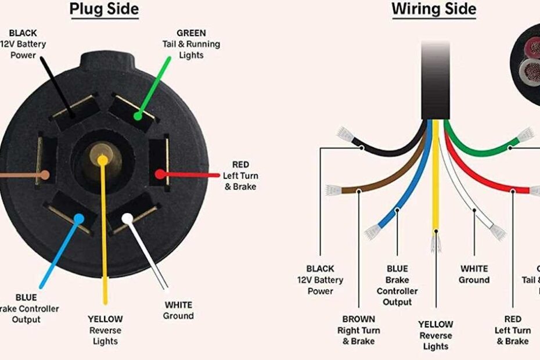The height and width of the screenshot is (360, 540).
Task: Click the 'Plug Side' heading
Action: coord(104,9)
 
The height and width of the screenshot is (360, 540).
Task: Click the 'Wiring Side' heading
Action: coord(433,9)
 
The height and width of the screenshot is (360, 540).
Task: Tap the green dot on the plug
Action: coord(138,116)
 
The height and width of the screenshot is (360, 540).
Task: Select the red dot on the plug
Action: coord(159,174)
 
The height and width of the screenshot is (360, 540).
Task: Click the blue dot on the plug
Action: coord(78,218)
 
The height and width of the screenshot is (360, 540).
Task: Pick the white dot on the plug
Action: coord(126,218)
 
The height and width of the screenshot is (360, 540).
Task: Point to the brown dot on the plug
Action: coord(44,174)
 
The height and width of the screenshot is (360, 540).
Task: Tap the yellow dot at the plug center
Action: coord(103,159)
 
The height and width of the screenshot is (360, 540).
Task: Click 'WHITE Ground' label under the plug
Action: coord(178,310)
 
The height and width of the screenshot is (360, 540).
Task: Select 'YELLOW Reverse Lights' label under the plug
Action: coord(105,329)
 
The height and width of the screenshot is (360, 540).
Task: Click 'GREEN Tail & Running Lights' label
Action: coord(191,44)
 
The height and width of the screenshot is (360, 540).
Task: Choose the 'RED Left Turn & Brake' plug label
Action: coord(240,175)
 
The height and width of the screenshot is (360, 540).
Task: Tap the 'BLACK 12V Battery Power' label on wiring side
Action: coord(321,279)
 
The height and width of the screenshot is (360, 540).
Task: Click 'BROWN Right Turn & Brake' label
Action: coord(358,330)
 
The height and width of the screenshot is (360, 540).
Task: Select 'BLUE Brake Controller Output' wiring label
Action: coord(397,285)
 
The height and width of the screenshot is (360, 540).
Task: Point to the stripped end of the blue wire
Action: coord(372,232)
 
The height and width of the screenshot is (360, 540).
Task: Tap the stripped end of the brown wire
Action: coord(334,190)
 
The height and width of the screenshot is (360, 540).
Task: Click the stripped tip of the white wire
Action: coord(497,232)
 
